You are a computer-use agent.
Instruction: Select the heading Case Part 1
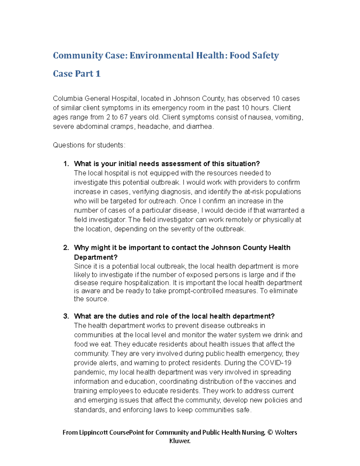tap(76, 74)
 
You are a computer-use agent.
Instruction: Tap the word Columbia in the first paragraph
tap(67, 99)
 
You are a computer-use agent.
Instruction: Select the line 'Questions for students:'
tap(89, 145)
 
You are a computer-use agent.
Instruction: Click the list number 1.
tap(66, 164)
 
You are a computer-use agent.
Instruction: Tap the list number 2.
tap(66, 248)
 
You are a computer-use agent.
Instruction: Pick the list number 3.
tap(66, 316)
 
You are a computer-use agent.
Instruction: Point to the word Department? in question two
tap(96, 257)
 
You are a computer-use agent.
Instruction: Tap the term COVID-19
tap(275, 363)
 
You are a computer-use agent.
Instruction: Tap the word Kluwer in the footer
tap(180, 441)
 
